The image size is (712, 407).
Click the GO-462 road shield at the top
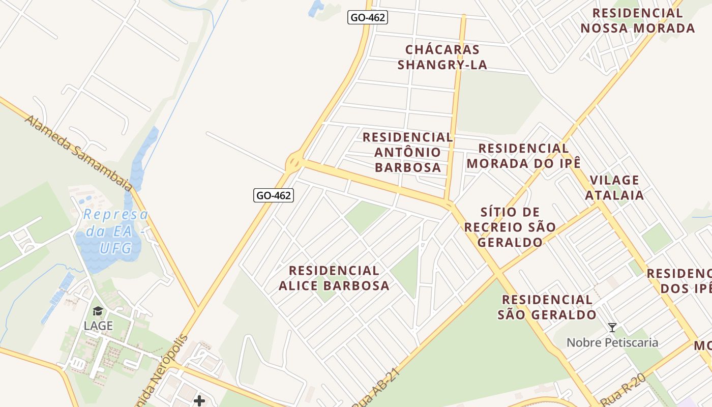[x=368, y=17]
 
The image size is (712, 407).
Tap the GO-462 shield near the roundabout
[x=274, y=195]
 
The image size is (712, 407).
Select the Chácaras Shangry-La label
[x=442, y=57]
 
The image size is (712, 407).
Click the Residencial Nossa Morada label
[x=637, y=20]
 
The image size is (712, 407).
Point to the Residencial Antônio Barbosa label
[x=407, y=152]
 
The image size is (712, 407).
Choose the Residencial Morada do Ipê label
[x=523, y=156]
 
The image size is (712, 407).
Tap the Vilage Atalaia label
[x=614, y=187]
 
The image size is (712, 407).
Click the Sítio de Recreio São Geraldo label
[x=510, y=227]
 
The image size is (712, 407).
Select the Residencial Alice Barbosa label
[x=334, y=278]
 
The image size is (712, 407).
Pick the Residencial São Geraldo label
[x=547, y=307]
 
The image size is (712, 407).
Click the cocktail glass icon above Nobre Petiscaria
[x=612, y=327]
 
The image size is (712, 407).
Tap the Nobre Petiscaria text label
[x=612, y=342]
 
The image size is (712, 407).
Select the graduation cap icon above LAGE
[x=98, y=311]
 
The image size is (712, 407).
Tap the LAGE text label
[x=99, y=326]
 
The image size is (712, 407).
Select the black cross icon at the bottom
[x=199, y=401]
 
